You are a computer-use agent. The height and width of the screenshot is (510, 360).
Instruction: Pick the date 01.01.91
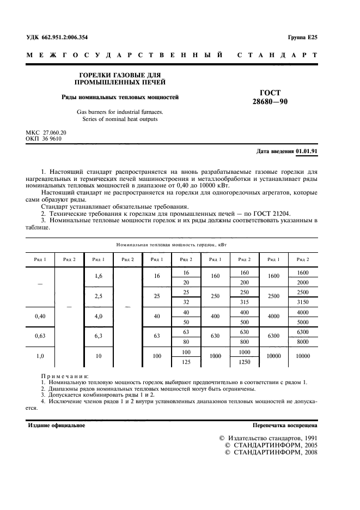click(x=307, y=150)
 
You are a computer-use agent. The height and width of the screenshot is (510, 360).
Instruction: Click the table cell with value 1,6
click(x=99, y=277)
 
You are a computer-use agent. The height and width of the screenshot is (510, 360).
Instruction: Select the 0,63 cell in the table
click(x=40, y=336)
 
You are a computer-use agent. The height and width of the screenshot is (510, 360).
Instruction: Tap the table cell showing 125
click(x=186, y=361)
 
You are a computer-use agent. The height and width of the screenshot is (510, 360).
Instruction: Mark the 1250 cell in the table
click(x=244, y=361)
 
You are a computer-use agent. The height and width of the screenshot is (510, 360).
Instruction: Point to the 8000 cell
click(x=303, y=342)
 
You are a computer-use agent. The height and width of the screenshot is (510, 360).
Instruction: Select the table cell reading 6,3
click(x=99, y=336)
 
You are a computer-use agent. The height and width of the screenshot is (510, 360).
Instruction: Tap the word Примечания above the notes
click(x=65, y=376)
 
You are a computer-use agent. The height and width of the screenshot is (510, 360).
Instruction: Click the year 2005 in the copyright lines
click(x=306, y=445)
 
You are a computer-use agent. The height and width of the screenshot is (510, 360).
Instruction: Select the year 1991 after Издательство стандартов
click(x=306, y=438)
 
